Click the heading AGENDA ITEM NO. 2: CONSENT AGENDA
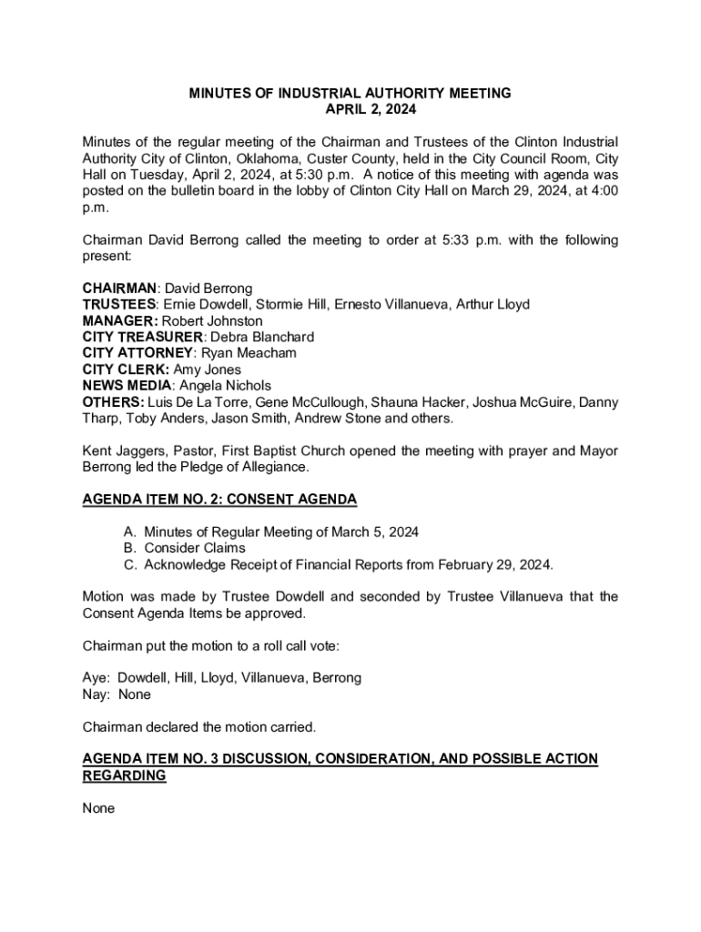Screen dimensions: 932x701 [219, 500]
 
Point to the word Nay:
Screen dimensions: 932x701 [97, 694]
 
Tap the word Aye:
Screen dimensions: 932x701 [97, 678]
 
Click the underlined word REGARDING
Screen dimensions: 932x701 [124, 775]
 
